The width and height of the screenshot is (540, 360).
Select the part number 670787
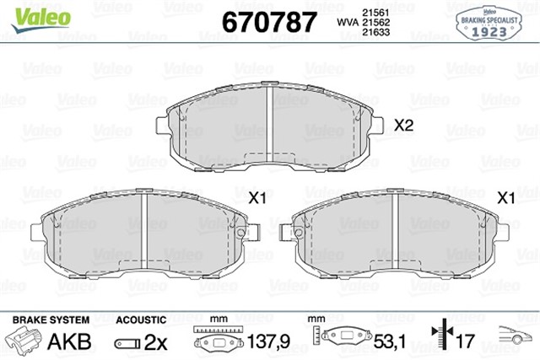click(x=269, y=20)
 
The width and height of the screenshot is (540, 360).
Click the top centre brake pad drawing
click(x=267, y=126)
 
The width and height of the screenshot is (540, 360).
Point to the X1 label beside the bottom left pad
click(x=256, y=198)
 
